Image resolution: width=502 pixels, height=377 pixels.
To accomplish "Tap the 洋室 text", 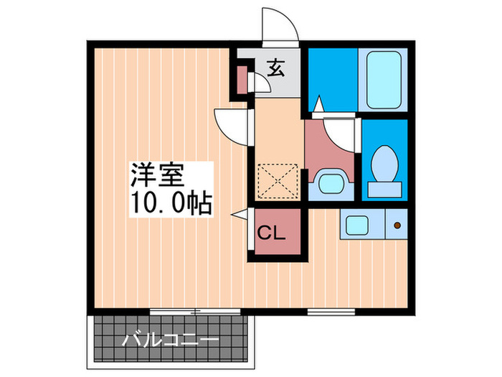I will coord(157,175).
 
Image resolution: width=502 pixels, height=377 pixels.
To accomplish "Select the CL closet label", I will coord(272,233).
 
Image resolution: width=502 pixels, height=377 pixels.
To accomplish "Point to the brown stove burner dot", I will coord(397,226).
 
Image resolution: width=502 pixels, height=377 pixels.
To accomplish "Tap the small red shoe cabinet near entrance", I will coord(242,80).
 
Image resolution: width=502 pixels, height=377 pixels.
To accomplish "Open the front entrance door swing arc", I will coord(280,29).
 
